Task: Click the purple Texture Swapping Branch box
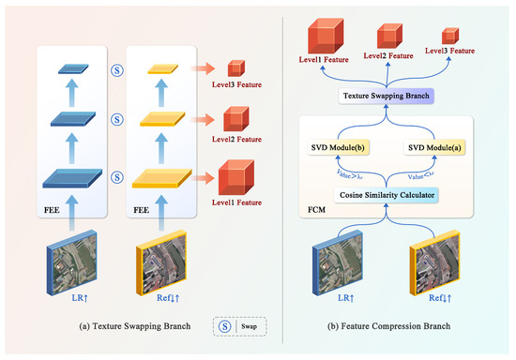388,96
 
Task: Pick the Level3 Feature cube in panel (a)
235,68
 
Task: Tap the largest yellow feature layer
161,178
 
